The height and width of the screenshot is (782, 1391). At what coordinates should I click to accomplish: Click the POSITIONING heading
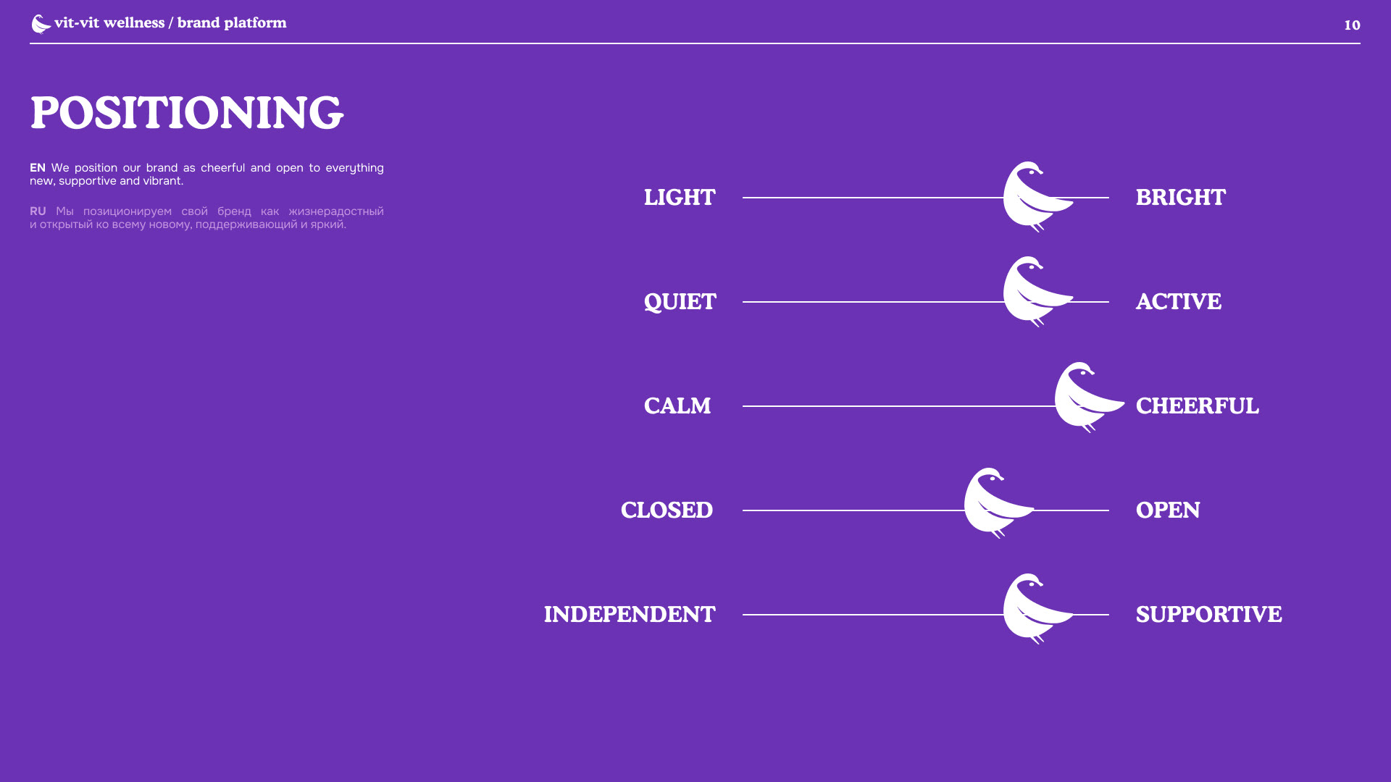point(186,113)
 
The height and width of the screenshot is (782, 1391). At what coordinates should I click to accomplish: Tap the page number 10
point(1352,25)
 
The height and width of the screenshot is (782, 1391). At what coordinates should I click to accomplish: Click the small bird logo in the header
point(41,24)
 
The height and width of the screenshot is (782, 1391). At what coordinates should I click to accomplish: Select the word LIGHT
point(680,198)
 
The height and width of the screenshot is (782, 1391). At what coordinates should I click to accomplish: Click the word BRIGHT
point(1180,198)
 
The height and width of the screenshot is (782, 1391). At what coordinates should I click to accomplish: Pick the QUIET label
point(680,302)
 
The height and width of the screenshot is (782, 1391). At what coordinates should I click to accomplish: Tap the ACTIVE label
point(1178,302)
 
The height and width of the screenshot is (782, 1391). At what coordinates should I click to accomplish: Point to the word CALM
point(677,406)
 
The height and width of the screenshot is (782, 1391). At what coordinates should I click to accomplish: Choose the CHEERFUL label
point(1197,406)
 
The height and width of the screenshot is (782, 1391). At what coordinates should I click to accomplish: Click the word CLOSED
point(667,510)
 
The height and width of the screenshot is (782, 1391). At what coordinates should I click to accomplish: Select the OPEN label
point(1168,510)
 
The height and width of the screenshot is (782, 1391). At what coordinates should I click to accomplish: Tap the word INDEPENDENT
point(630,615)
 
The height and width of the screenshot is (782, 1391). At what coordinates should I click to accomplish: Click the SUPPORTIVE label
point(1208,615)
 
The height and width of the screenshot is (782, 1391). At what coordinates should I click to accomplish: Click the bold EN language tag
point(38,168)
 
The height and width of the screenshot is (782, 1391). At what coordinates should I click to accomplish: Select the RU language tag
point(38,211)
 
